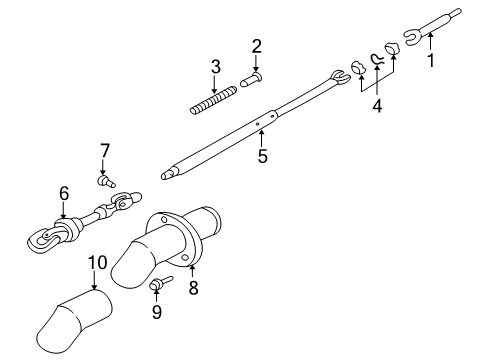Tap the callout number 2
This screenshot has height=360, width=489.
(256, 45)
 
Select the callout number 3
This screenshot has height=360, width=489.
(215, 67)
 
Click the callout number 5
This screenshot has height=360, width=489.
(261, 156)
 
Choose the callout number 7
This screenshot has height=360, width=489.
(103, 151)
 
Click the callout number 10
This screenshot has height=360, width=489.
(97, 262)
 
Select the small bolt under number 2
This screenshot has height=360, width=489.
(255, 72)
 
